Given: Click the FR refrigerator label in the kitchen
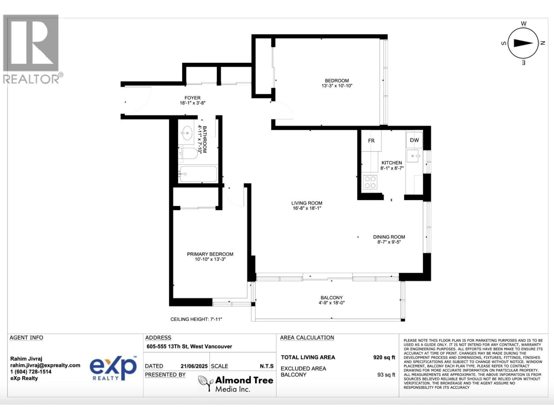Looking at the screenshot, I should [371, 141].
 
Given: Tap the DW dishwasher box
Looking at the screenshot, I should [414, 140].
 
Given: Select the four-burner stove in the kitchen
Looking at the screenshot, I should [370, 182].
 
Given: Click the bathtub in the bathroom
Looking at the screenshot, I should [198, 174].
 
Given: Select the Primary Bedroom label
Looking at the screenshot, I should [210, 254].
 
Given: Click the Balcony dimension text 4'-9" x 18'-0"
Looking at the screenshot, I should [332, 303].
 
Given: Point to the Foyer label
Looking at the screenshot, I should [192, 98].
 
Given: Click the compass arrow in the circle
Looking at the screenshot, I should [523, 43].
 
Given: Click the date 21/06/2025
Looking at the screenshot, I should [194, 366].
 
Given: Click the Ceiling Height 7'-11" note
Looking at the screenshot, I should [196, 319].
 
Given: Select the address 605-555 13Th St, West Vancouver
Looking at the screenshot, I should [189, 346].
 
